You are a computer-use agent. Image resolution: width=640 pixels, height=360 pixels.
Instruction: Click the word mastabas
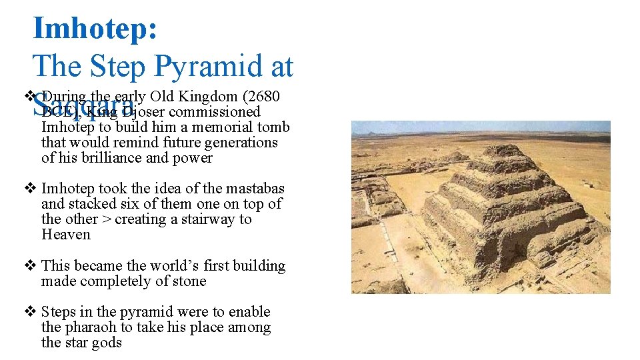pos(256,189)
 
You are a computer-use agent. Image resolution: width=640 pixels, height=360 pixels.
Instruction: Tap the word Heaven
pos(65,235)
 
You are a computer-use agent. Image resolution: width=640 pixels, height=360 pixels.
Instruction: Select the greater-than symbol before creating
pos(107,219)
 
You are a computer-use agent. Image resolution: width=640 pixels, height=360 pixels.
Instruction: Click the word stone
pos(189,281)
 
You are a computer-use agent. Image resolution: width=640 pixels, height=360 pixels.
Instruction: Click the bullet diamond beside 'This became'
pos(29,266)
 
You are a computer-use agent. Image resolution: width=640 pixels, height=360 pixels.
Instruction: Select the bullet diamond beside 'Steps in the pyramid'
pos(29,312)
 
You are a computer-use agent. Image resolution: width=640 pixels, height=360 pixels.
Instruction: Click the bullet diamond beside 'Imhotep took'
pos(29,189)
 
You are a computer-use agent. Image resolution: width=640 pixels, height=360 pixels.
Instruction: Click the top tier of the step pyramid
pos(505,152)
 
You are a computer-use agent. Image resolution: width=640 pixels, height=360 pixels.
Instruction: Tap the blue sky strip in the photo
pos(480,127)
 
